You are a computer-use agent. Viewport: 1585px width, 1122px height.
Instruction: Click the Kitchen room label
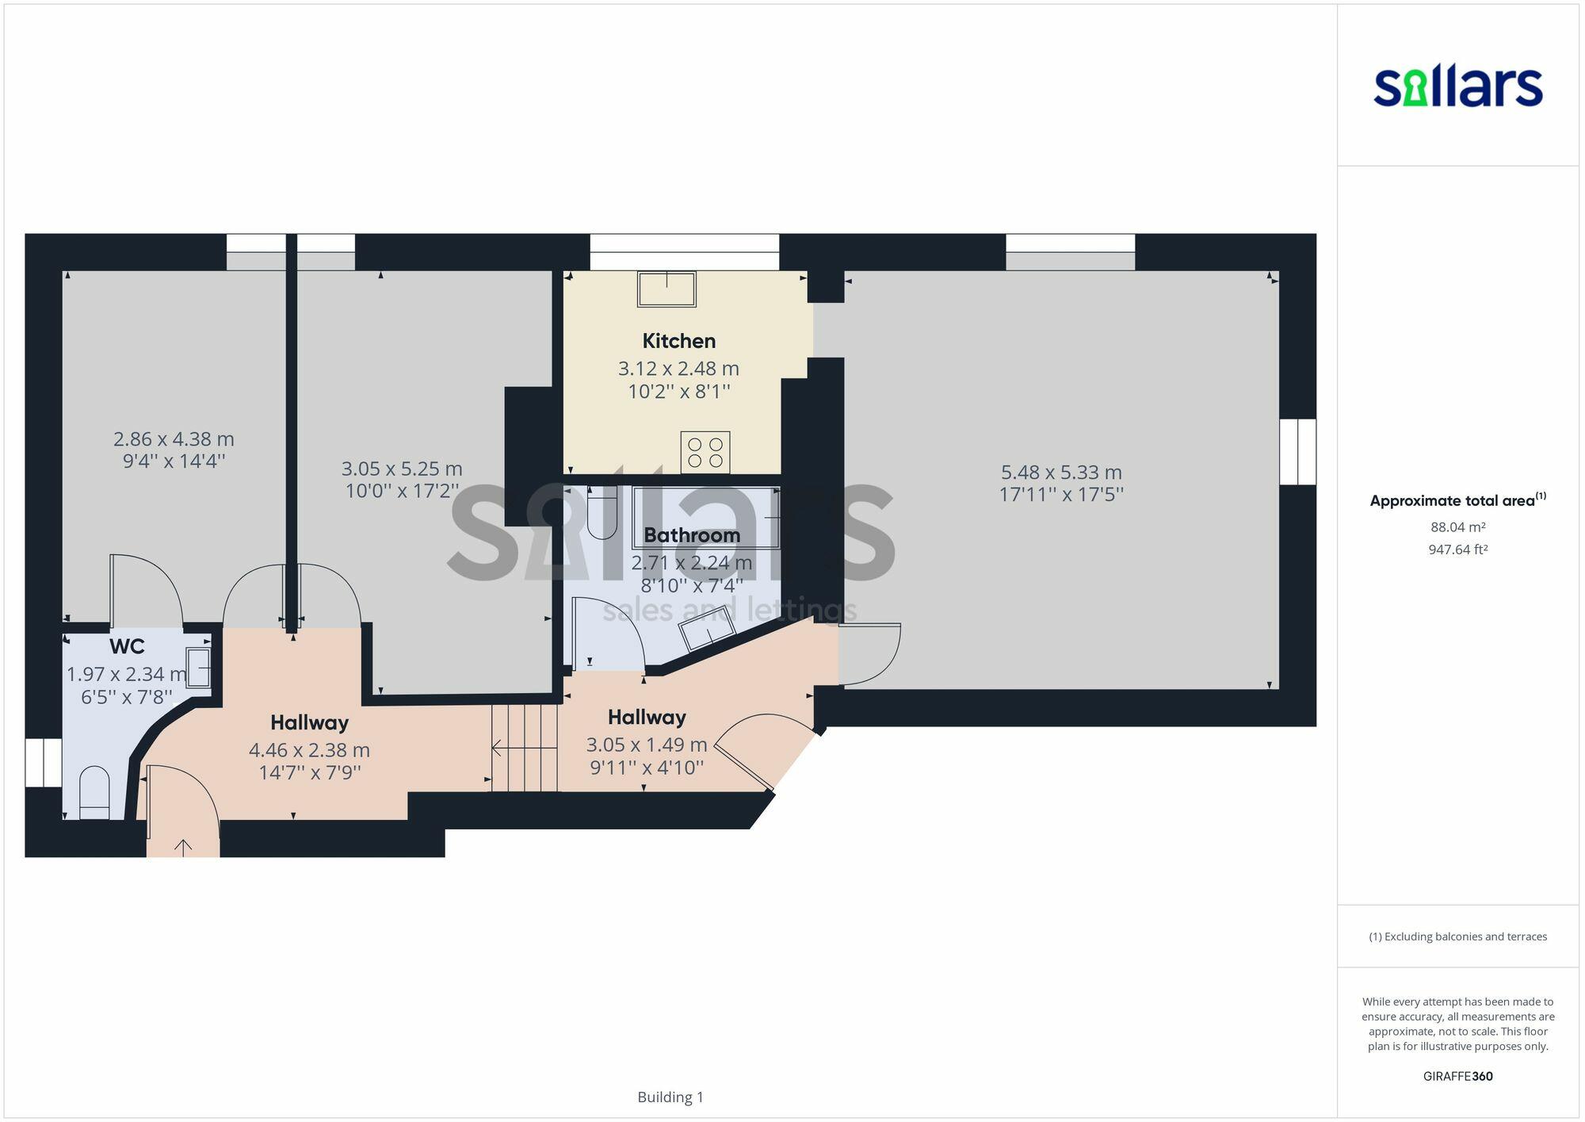pyautogui.click(x=678, y=341)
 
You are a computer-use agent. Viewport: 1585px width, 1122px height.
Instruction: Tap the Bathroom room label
pyautogui.click(x=691, y=535)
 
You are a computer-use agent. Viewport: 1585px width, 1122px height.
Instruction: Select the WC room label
pyautogui.click(x=127, y=646)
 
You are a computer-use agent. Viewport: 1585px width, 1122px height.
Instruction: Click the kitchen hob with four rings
pyautogui.click(x=705, y=452)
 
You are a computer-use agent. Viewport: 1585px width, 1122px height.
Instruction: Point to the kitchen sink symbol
pyautogui.click(x=666, y=289)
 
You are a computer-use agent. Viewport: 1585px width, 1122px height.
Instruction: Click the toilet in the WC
pyautogui.click(x=94, y=791)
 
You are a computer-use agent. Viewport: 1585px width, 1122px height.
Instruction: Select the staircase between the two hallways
pyautogui.click(x=524, y=747)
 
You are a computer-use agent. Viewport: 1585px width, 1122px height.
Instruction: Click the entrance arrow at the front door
pyautogui.click(x=183, y=847)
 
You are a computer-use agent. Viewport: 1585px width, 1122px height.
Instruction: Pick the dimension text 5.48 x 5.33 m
pyautogui.click(x=1060, y=473)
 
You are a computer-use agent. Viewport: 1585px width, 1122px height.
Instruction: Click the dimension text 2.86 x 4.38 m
pyautogui.click(x=174, y=439)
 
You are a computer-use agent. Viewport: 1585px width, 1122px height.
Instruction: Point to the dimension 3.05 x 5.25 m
pyautogui.click(x=402, y=469)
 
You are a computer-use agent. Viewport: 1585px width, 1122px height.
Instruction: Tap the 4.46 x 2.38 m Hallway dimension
pyautogui.click(x=309, y=750)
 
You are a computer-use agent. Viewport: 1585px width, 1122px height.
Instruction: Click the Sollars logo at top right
pyautogui.click(x=1457, y=86)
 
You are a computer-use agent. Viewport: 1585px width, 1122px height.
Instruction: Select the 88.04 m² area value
pyautogui.click(x=1457, y=527)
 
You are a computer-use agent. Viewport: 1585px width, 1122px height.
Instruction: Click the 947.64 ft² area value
pyautogui.click(x=1457, y=550)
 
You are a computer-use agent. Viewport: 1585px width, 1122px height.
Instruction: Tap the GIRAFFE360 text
pyautogui.click(x=1457, y=1076)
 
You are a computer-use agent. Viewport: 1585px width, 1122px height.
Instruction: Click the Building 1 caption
pyautogui.click(x=670, y=1097)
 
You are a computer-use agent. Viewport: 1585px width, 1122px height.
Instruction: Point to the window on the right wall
pyautogui.click(x=1297, y=451)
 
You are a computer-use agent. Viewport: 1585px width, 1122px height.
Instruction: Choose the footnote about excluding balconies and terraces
pyautogui.click(x=1457, y=936)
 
